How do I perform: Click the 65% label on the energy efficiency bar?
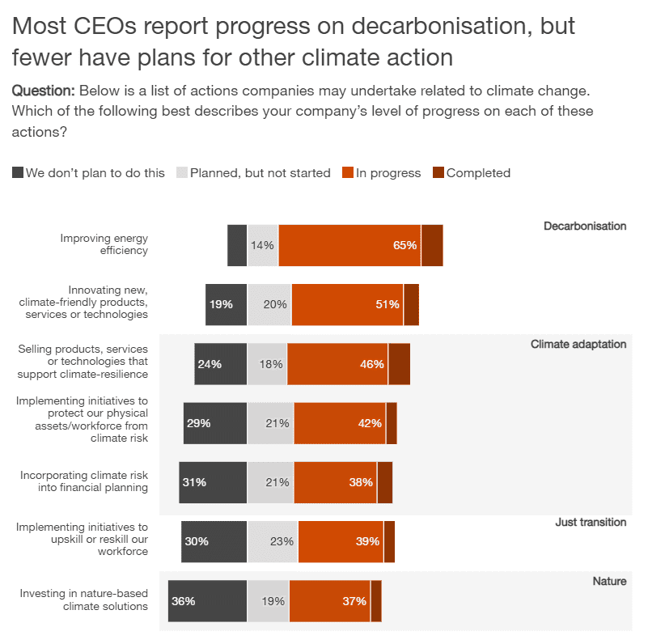pos(404,245)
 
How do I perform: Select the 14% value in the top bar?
pos(262,245)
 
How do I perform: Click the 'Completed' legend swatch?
pos(438,172)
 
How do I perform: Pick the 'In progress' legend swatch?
pos(348,172)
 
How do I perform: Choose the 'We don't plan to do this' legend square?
pos(18,172)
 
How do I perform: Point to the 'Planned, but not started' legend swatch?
pos(182,172)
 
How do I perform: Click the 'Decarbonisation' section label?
pos(585,226)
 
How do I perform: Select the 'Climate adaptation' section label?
pos(578,344)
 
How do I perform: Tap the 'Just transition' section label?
pos(591,522)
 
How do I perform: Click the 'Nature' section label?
pos(609,581)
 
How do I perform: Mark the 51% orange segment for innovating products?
pos(347,304)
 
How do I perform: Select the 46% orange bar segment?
pos(337,364)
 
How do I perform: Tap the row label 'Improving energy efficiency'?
pos(104,244)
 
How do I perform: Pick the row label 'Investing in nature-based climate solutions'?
pos(84,600)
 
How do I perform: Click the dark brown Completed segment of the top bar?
pos(432,245)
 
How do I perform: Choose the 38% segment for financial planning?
pos(335,482)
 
